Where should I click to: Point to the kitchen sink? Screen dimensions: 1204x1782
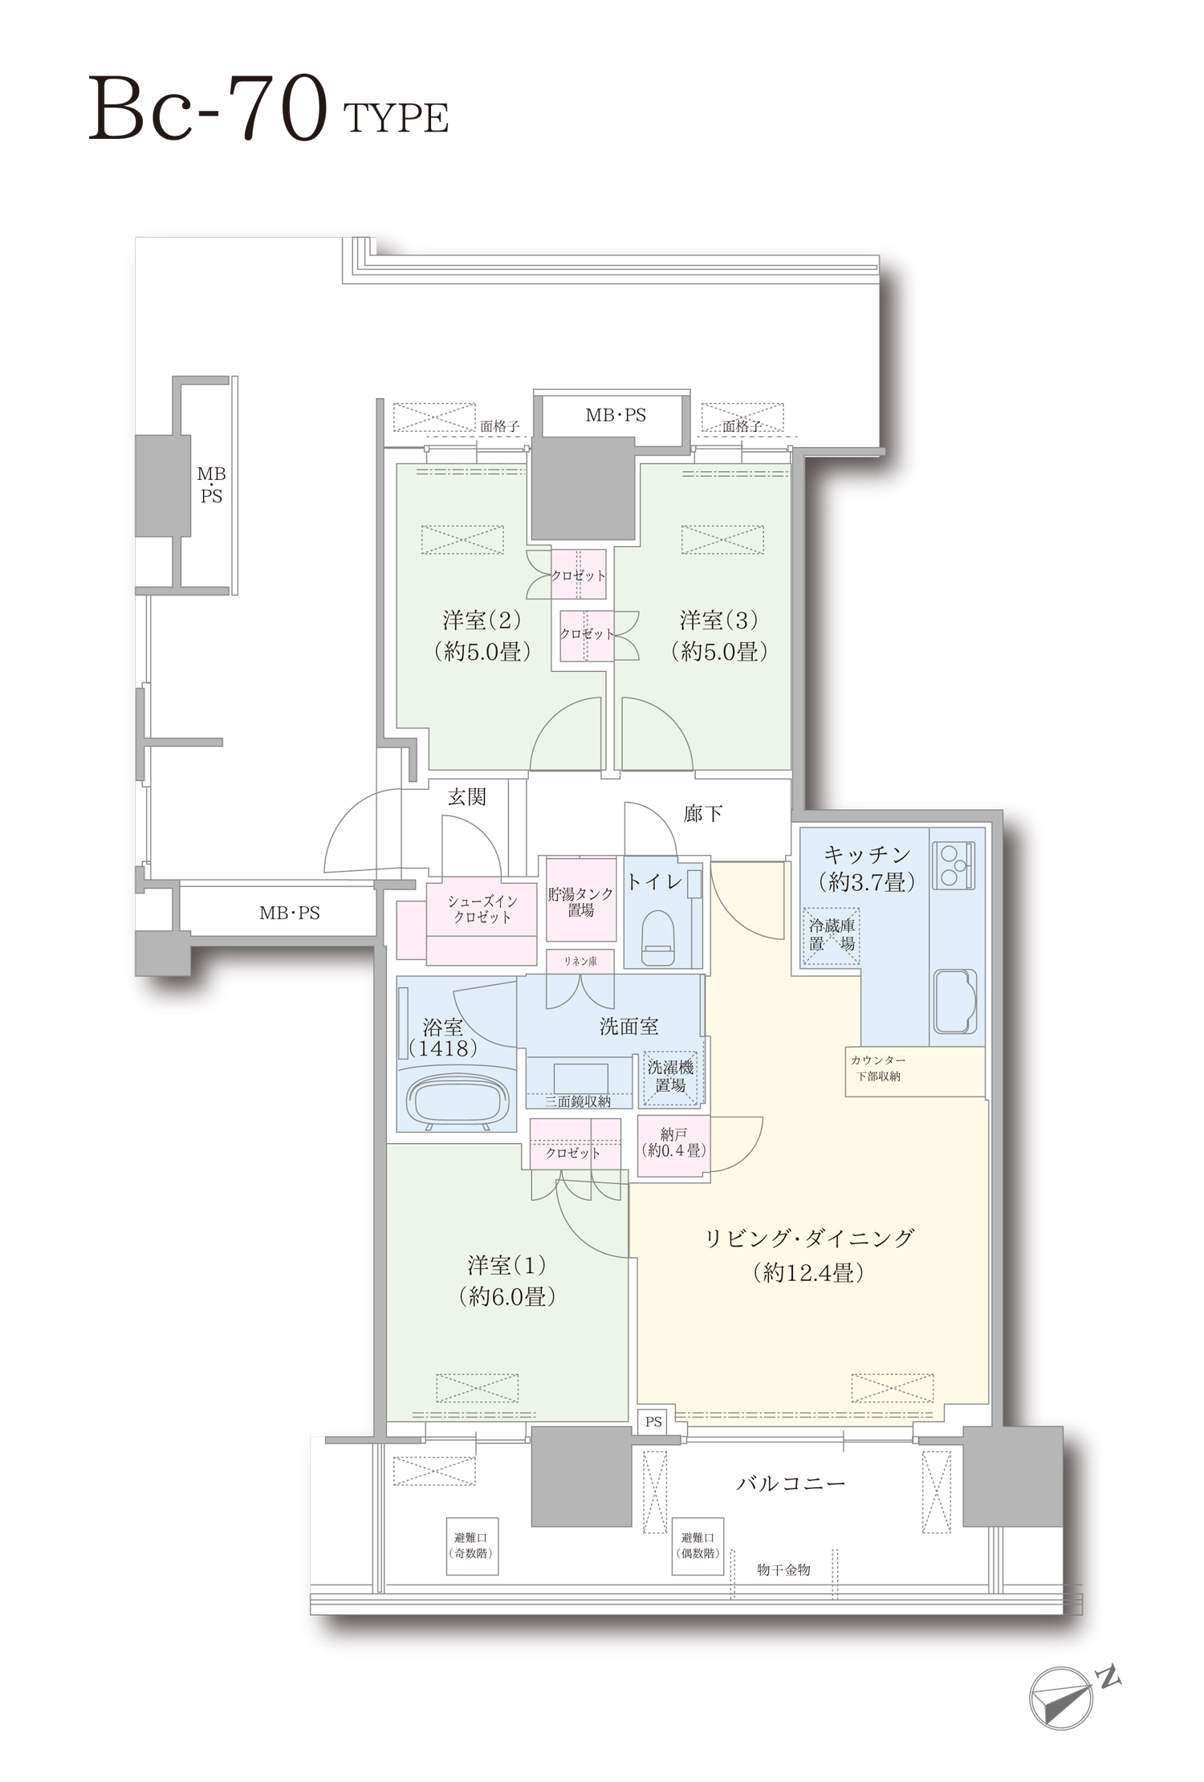[x=955, y=1000]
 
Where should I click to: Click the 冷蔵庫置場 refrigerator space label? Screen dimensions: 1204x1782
[x=831, y=935]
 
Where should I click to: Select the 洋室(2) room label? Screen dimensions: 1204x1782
[x=482, y=635]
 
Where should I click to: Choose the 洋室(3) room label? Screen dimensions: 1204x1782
[x=719, y=635]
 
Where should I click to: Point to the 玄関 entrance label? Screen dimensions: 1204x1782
[x=466, y=797]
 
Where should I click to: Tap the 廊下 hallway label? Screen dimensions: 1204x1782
[x=703, y=814]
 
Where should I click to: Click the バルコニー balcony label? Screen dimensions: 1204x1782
[x=791, y=1483]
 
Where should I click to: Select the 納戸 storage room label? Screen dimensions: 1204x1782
[x=674, y=1142]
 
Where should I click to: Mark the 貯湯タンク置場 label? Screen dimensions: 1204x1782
[x=580, y=902]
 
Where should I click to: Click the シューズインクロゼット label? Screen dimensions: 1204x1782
[x=482, y=910]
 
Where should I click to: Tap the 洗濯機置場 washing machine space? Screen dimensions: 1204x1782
[x=671, y=1076]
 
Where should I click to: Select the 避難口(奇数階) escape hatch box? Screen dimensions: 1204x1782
[x=471, y=1545]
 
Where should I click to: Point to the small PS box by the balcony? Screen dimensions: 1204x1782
[x=653, y=1422]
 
